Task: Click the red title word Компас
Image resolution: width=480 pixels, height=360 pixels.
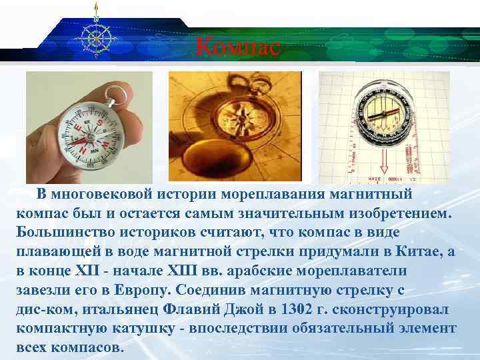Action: pyautogui.click(x=239, y=47)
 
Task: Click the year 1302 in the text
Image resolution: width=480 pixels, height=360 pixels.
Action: pyautogui.click(x=297, y=311)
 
